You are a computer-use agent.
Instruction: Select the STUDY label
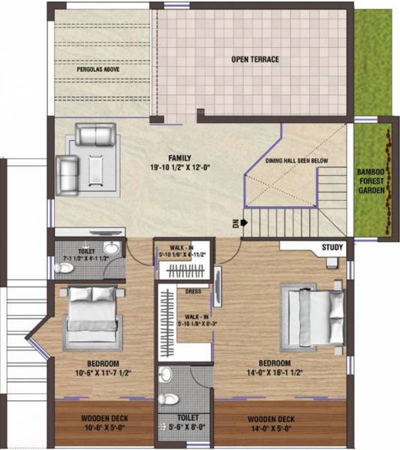[x=332, y=247]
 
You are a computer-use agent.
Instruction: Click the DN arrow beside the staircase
[x=236, y=223]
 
